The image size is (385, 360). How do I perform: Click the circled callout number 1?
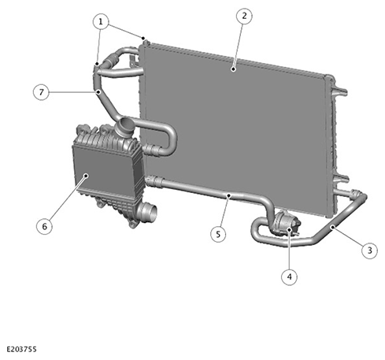[101, 21]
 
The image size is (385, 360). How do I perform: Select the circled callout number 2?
[244, 16]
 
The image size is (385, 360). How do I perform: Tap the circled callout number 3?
[369, 251]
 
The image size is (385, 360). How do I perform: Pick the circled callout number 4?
[289, 276]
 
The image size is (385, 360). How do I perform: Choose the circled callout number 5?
[218, 234]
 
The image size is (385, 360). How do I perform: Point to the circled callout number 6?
[44, 226]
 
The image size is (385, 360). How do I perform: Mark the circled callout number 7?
[41, 92]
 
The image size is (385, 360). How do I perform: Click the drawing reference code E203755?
[21, 349]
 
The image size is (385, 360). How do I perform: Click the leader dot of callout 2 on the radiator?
[233, 69]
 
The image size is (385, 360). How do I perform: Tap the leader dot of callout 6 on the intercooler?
[86, 175]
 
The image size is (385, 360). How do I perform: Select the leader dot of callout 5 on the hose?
[229, 195]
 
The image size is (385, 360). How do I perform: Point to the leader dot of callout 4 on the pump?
[289, 229]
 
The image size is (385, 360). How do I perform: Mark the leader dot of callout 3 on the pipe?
[333, 227]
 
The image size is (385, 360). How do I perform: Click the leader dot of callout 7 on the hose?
[98, 92]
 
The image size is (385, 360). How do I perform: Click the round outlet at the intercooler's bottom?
[148, 212]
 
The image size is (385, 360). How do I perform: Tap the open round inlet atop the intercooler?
[124, 125]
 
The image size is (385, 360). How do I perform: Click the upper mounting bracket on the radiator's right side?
[339, 92]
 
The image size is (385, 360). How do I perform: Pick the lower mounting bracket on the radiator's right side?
[341, 180]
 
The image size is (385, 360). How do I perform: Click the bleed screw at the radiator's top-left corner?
[146, 42]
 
